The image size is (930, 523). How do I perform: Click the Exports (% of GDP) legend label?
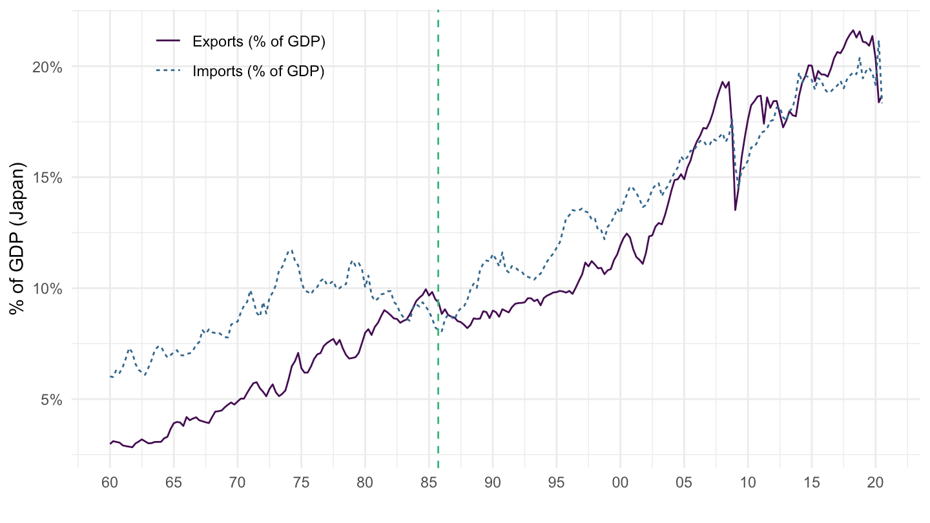(258, 42)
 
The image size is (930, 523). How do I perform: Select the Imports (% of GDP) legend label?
(258, 71)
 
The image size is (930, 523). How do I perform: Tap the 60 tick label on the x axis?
(110, 482)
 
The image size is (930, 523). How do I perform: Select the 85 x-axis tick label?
(429, 482)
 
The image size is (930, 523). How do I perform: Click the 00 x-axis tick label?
(620, 482)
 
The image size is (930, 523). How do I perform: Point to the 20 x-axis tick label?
(876, 482)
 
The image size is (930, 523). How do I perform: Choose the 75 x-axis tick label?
(301, 482)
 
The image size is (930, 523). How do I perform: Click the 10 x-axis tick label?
(748, 482)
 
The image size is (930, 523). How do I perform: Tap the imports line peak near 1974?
(291, 250)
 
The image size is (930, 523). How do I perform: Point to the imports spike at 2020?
(879, 41)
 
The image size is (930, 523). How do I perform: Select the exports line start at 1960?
(110, 444)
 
